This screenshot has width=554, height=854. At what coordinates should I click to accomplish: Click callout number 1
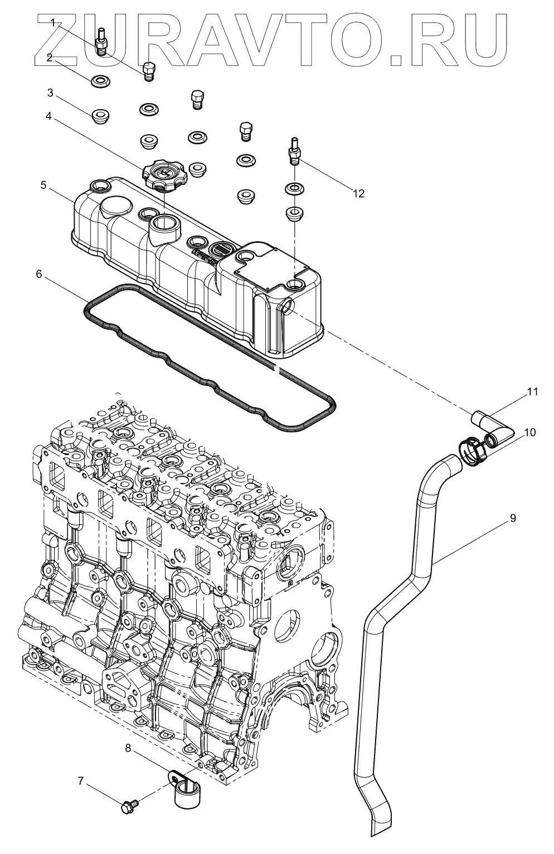[53, 23]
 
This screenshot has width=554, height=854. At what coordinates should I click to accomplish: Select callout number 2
[50, 58]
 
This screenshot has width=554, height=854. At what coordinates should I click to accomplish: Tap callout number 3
[50, 92]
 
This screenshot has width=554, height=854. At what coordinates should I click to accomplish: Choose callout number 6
[38, 275]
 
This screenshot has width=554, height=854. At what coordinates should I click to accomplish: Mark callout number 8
[128, 749]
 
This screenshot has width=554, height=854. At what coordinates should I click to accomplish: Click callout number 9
[512, 519]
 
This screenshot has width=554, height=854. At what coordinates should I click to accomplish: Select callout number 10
[529, 433]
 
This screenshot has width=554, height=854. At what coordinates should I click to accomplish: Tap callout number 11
[532, 392]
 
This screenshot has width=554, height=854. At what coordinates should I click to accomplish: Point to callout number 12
[358, 193]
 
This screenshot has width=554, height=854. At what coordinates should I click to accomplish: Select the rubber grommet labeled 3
[101, 117]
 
